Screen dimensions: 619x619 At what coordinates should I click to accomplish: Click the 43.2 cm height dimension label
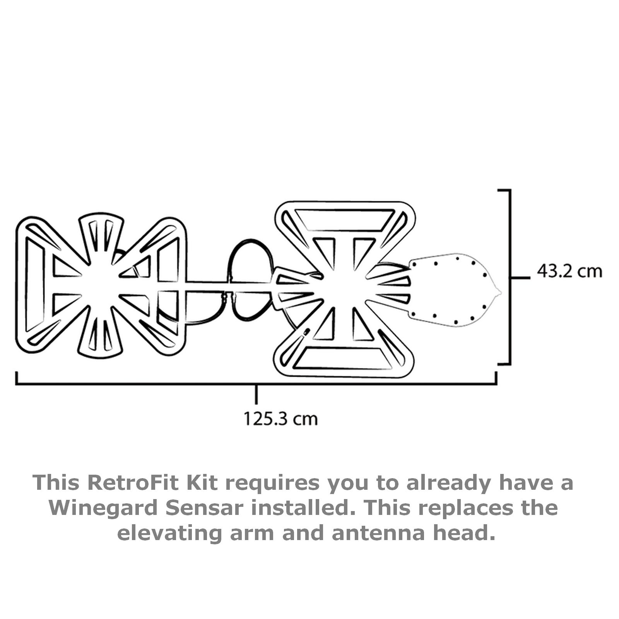(569, 271)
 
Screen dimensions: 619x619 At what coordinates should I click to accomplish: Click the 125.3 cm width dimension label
(280, 419)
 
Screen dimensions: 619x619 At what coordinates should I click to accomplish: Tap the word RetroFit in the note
(134, 482)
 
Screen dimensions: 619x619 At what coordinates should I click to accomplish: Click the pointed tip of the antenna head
(501, 292)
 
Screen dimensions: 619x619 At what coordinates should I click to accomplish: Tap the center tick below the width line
(256, 394)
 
